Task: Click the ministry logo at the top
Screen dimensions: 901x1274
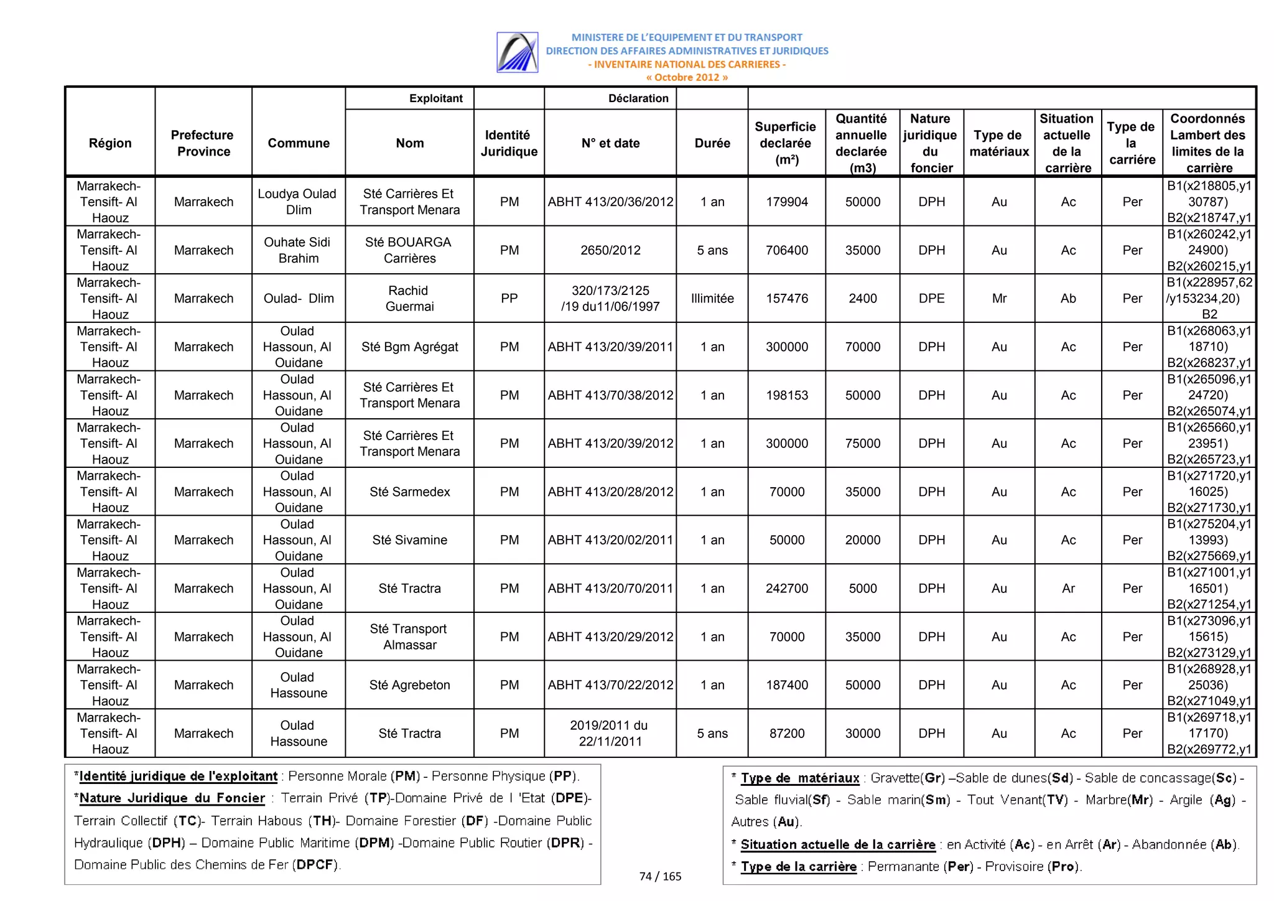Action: [x=517, y=52]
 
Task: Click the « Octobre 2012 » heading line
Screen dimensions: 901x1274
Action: [x=686, y=78]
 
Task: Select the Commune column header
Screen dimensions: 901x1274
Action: [x=299, y=143]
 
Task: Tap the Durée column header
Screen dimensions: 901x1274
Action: [x=712, y=143]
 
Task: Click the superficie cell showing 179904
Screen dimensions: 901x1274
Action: [x=786, y=202]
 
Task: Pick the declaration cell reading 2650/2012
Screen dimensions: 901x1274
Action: [x=610, y=250]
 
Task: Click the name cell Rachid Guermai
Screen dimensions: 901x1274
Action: [x=409, y=298]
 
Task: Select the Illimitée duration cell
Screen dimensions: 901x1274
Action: [x=712, y=298]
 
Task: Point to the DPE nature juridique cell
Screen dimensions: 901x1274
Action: [x=931, y=298]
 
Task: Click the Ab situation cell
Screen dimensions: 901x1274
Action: [x=1067, y=298]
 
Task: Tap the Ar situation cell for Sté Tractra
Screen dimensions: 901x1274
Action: [x=1067, y=588]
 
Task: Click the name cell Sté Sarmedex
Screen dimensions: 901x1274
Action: [x=409, y=492]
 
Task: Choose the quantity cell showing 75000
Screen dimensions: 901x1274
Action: [x=862, y=443]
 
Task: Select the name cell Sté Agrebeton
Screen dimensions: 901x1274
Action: [x=409, y=684]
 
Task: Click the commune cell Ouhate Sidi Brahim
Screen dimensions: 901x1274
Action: [x=298, y=250]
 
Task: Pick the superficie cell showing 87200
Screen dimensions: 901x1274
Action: [x=786, y=733]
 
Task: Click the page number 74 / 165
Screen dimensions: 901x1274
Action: [x=660, y=876]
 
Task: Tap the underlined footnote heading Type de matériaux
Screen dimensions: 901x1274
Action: [x=799, y=778]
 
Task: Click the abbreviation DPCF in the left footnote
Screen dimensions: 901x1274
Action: [x=315, y=864]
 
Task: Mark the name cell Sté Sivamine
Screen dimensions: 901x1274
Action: [x=409, y=539]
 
